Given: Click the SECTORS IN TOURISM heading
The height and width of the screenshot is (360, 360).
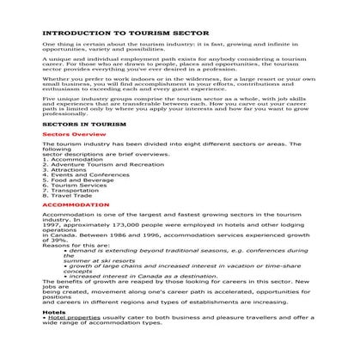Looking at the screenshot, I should point(80,124).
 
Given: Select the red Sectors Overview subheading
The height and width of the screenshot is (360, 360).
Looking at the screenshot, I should point(73,136).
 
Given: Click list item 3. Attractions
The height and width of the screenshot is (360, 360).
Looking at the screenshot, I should point(66,172).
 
